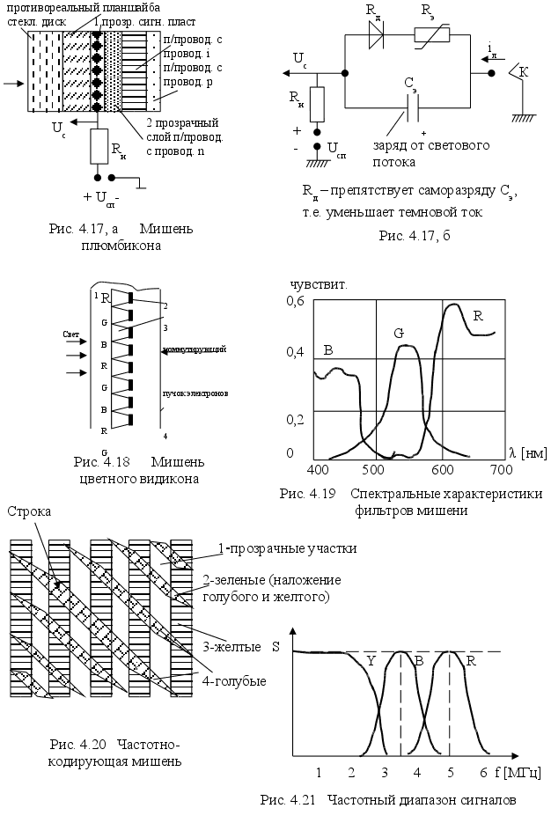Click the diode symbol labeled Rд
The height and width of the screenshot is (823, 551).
(378, 33)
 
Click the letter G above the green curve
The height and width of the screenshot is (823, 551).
(399, 334)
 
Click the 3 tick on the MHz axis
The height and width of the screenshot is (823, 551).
(385, 772)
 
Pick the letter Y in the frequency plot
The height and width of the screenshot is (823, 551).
(370, 660)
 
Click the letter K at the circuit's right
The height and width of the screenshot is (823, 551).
(524, 72)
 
